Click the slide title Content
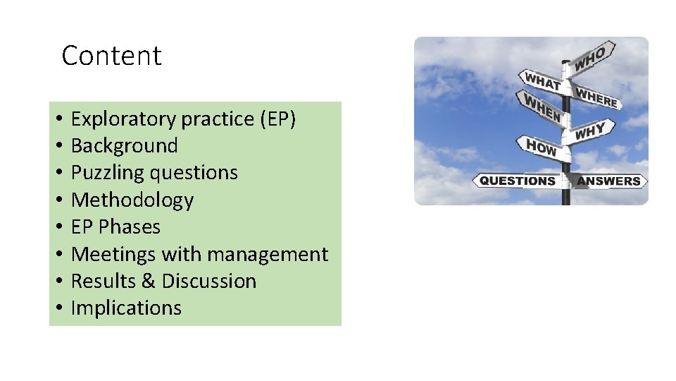click(x=111, y=56)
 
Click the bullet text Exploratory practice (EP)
click(x=183, y=119)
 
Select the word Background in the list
click(x=125, y=146)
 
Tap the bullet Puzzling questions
click(x=154, y=173)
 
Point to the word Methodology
click(x=132, y=200)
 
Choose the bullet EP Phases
click(x=115, y=227)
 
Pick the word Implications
click(x=126, y=308)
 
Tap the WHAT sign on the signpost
click(x=541, y=81)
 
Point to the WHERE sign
click(x=596, y=98)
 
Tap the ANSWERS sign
click(x=608, y=181)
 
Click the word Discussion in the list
click(x=208, y=281)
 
